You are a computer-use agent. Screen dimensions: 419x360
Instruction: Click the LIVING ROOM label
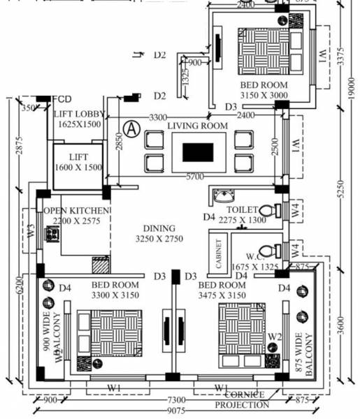[x=197, y=125]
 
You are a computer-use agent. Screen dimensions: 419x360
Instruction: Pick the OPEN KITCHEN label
[x=76, y=210]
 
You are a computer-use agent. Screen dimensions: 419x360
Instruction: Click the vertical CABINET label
[x=219, y=253]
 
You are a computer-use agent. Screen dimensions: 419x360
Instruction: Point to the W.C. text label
[x=248, y=256]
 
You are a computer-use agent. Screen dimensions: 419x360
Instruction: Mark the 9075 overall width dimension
[x=171, y=412]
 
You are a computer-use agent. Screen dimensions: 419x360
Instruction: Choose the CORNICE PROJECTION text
[x=240, y=399]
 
